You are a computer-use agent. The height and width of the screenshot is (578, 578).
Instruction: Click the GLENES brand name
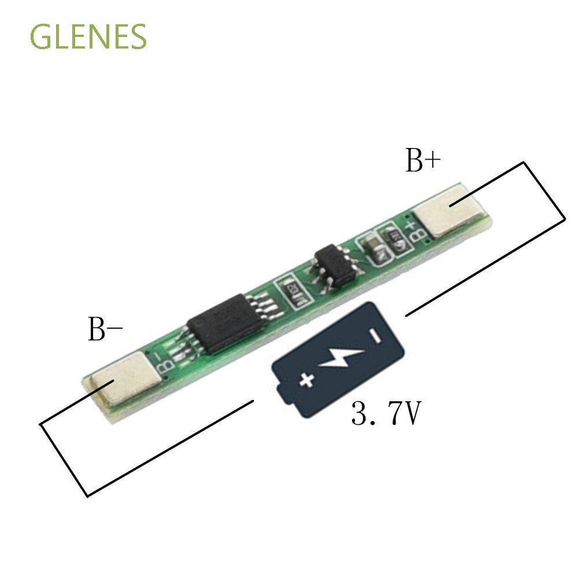(88, 37)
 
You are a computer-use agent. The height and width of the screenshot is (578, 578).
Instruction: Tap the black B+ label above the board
(423, 161)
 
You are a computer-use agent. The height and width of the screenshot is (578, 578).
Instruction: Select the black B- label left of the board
(105, 330)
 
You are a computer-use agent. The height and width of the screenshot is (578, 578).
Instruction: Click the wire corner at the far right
(565, 218)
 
